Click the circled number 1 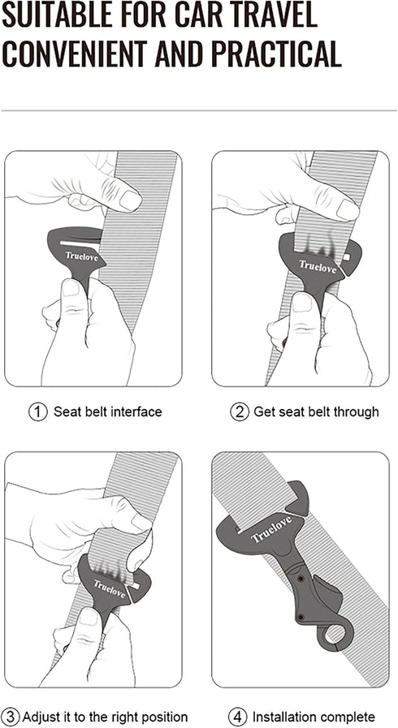coord(38,411)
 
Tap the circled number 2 coord(239,411)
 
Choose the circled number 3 coord(11,717)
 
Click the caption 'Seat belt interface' coord(108,411)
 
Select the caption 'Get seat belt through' coord(316,411)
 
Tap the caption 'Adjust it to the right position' coord(105,717)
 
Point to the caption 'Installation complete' coord(314,717)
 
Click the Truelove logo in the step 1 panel coord(83,256)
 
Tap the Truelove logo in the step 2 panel coord(315,265)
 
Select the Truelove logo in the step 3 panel coord(109,587)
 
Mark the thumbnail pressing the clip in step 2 coord(302,303)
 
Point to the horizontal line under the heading coord(199,110)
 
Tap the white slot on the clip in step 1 coord(78,243)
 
